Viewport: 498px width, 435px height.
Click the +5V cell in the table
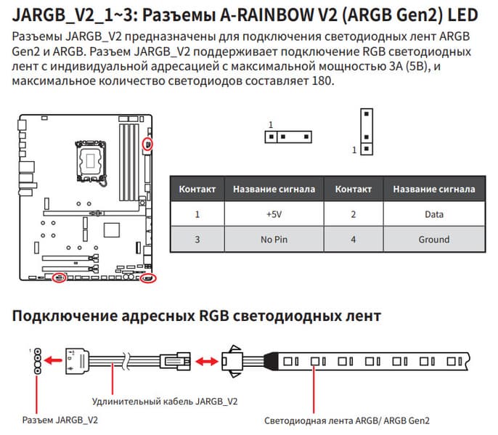tap(274, 214)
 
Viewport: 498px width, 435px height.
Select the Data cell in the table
tap(434, 214)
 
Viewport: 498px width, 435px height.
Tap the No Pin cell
tap(274, 239)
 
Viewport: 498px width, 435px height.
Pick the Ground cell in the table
tap(434, 239)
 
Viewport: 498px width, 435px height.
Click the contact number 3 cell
tap(197, 239)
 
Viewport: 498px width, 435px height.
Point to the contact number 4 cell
tap(353, 239)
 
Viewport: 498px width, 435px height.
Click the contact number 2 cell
tap(353, 214)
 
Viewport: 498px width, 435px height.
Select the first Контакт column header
tap(197, 190)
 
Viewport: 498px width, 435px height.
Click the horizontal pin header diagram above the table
tap(287, 136)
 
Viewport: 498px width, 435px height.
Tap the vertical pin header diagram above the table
tap(367, 131)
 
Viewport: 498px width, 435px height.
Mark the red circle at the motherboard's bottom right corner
tap(148, 278)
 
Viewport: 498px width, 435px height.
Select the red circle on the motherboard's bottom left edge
tap(61, 277)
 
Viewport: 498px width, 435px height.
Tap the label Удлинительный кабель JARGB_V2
tap(165, 401)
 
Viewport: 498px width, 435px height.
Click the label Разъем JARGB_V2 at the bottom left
tap(60, 420)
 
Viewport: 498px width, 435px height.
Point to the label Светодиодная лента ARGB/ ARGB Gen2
tap(347, 420)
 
